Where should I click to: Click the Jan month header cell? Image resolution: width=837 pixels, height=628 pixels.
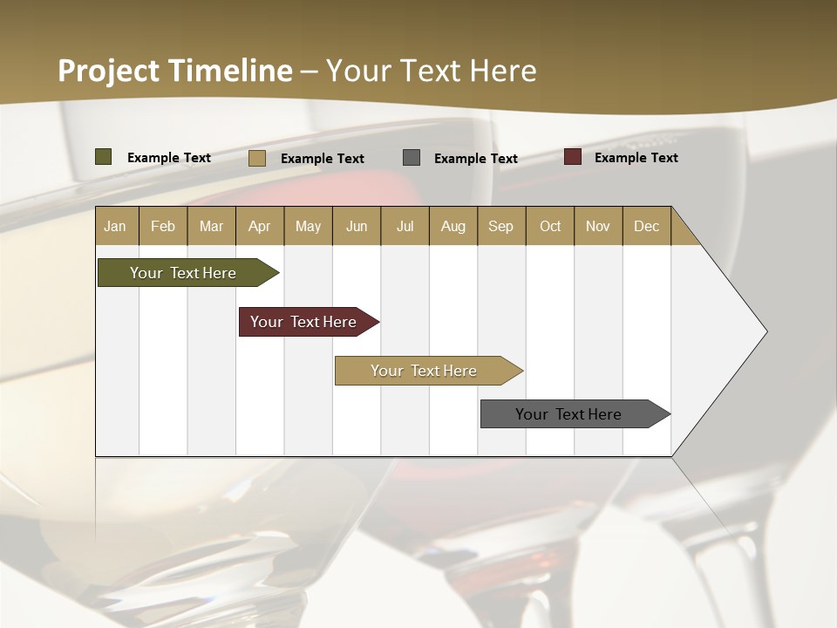(x=116, y=226)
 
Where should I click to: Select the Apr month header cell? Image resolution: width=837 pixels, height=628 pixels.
(x=260, y=226)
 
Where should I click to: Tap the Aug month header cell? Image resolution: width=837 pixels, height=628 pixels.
(x=453, y=226)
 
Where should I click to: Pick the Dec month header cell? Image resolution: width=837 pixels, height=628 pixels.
(x=646, y=226)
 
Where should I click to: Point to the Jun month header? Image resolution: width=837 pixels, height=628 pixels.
(x=357, y=226)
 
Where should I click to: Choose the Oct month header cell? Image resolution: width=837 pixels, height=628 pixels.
(x=550, y=226)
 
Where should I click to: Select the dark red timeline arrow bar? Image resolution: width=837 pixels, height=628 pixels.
(x=305, y=322)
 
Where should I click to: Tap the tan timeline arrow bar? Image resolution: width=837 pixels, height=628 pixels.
(x=425, y=371)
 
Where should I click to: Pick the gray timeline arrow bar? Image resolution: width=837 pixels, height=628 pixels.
(x=571, y=414)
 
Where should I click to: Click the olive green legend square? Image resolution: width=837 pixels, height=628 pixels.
(x=104, y=157)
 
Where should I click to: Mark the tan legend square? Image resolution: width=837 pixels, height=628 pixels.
(x=257, y=158)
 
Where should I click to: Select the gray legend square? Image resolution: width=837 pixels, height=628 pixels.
(x=412, y=158)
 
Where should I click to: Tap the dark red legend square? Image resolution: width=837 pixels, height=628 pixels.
(x=573, y=157)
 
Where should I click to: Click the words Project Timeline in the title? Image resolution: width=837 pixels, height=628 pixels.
(x=174, y=71)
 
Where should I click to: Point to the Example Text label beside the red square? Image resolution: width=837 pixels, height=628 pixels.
(x=636, y=158)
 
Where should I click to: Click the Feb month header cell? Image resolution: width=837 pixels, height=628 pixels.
(x=163, y=226)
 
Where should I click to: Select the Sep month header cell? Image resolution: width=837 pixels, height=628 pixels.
(x=501, y=226)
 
